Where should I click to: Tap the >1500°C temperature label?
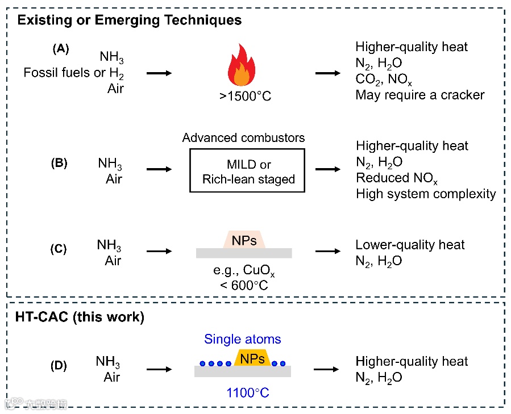point(246,97)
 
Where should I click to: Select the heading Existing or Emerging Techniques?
point(130,20)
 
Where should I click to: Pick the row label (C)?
point(59,248)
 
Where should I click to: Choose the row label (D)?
point(59,366)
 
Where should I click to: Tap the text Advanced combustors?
point(244,139)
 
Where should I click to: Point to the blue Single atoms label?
point(242,340)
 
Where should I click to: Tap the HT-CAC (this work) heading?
point(80,317)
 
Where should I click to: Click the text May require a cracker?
point(420,95)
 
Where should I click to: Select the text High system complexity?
point(426,194)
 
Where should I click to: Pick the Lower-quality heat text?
point(410,245)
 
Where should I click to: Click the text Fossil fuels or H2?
point(74,73)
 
